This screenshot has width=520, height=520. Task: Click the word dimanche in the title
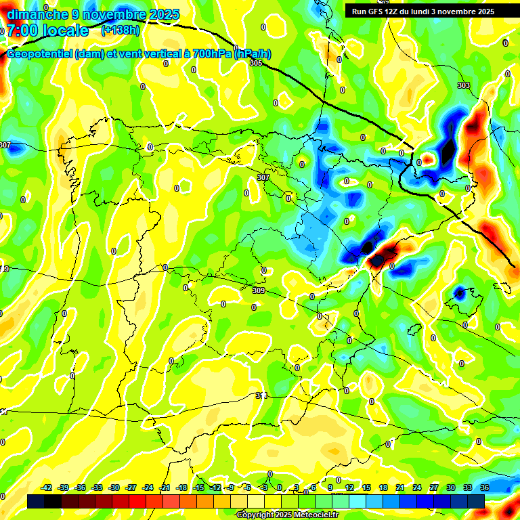(x=37, y=14)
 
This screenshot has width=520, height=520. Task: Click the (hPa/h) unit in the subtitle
(x=253, y=54)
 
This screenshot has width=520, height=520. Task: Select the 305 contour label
(x=255, y=63)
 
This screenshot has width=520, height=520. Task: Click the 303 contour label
(x=463, y=85)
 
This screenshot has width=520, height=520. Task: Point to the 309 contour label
(x=258, y=290)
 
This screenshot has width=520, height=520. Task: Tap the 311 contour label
(x=263, y=395)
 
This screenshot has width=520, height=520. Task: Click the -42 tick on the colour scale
(x=46, y=487)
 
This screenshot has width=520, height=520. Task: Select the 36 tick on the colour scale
(x=484, y=487)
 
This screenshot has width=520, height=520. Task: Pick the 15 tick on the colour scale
(x=366, y=487)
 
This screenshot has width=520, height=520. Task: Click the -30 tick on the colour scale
(x=114, y=487)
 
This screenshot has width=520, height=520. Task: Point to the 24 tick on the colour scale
(x=416, y=487)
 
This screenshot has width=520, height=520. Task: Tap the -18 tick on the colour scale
(x=181, y=487)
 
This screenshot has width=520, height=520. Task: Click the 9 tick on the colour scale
(x=330, y=487)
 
